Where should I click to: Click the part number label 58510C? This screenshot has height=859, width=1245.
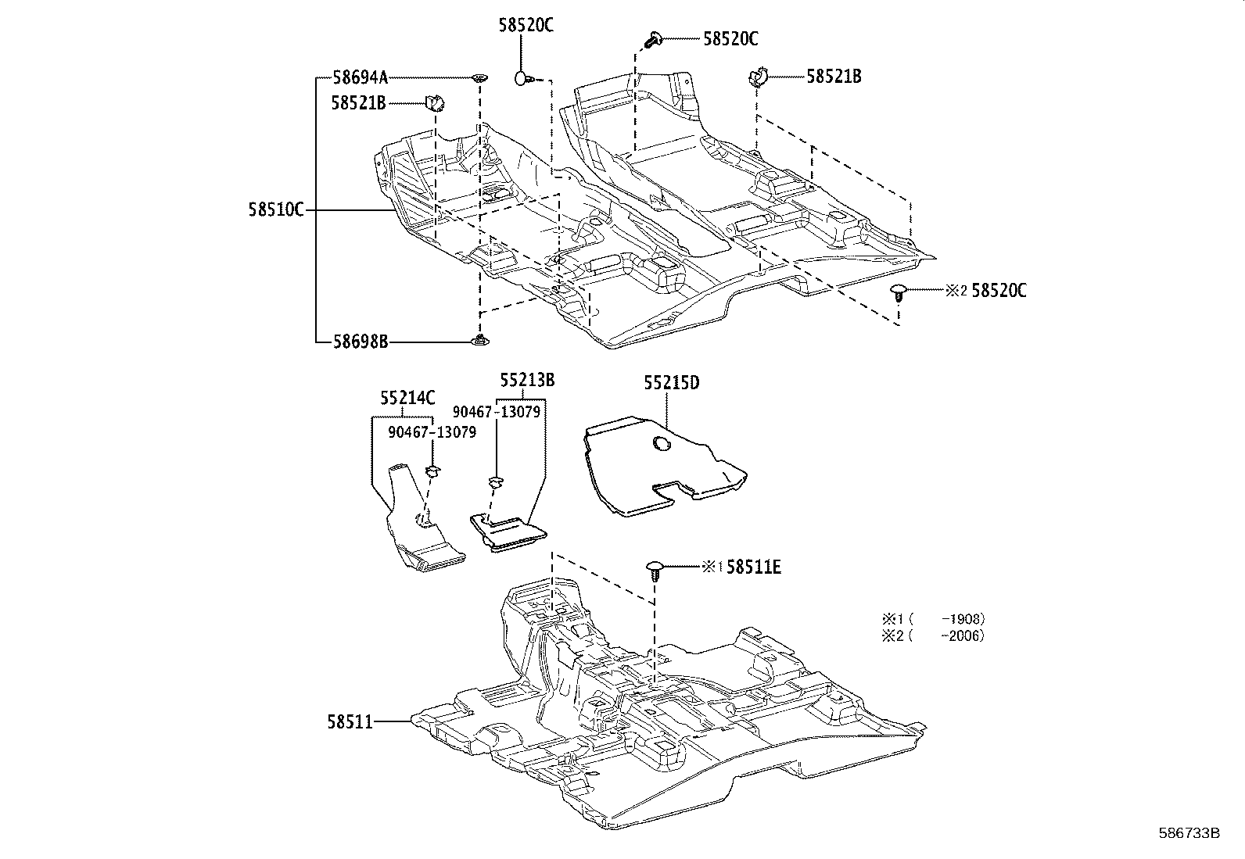point(276,209)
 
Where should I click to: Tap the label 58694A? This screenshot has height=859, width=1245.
point(360,77)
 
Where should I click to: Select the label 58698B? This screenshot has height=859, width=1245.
point(360,342)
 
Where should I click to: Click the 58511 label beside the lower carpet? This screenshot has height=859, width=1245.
point(350,723)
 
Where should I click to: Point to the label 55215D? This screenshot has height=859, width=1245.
point(671,383)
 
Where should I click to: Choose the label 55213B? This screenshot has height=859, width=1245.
point(527,380)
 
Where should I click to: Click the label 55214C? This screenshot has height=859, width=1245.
point(407,398)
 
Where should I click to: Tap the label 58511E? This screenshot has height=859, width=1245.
point(753,567)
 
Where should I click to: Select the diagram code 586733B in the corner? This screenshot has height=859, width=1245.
point(1189,833)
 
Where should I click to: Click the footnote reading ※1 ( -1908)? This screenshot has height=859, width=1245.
point(933,618)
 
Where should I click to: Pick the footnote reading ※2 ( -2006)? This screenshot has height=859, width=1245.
point(933,635)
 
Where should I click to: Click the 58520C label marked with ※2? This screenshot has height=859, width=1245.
point(999,291)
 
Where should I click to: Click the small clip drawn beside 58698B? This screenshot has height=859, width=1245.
point(479,339)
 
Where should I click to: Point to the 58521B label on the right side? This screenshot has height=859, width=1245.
point(834,77)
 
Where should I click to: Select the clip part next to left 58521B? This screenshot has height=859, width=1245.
point(434,102)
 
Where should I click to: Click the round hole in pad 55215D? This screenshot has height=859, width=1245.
point(661,445)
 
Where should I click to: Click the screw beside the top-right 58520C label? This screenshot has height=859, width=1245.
point(653,38)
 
